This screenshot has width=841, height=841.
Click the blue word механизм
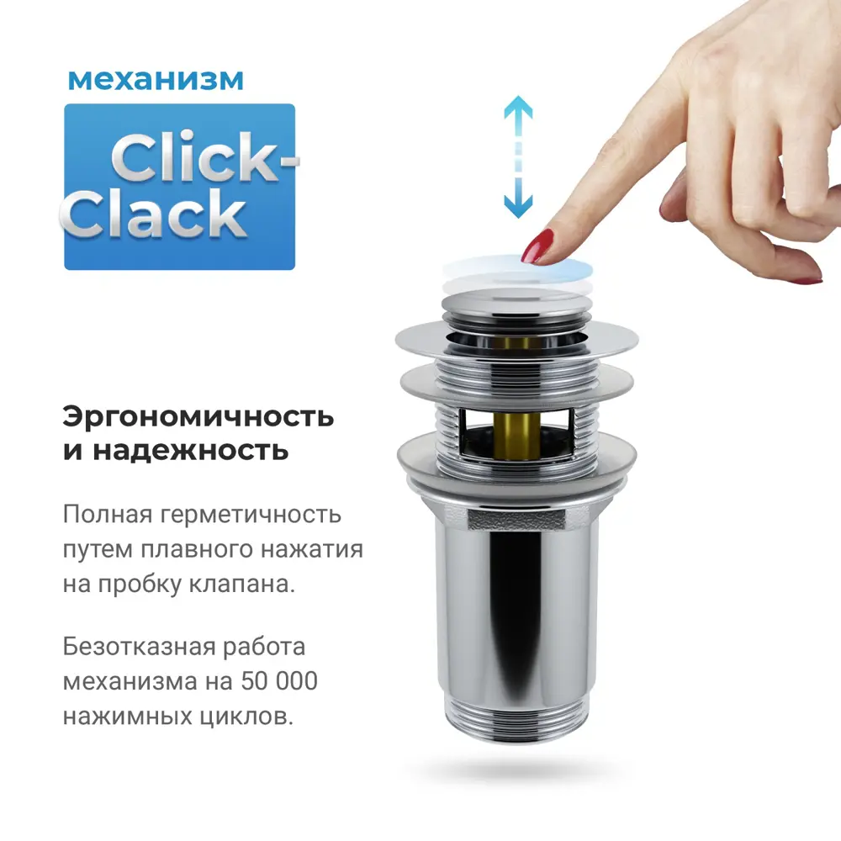[156, 80]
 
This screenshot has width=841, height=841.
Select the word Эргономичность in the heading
[198, 417]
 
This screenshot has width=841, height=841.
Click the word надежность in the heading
[190, 451]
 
